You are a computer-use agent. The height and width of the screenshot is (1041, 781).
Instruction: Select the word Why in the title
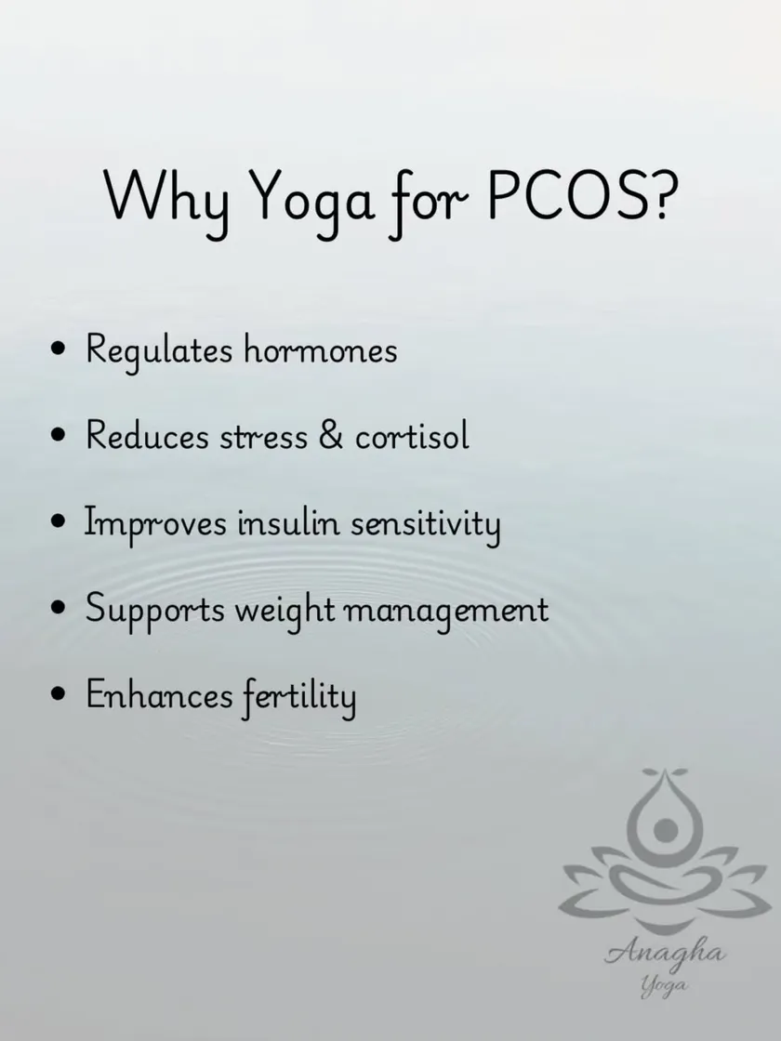pyautogui.click(x=166, y=202)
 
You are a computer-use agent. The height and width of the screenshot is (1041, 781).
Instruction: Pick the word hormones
pyautogui.click(x=320, y=349)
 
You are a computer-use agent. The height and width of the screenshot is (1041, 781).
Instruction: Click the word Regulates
pyautogui.click(x=159, y=352)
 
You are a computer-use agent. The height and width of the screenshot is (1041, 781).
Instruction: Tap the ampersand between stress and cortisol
pyautogui.click(x=331, y=435)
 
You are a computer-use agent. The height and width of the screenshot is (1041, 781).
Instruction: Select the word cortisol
pyautogui.click(x=413, y=436)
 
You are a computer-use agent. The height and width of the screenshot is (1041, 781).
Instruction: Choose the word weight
pyautogui.click(x=285, y=612)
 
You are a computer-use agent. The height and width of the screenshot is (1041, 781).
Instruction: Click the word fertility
pyautogui.click(x=298, y=698)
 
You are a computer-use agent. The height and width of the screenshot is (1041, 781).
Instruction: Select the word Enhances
pyautogui.click(x=159, y=695)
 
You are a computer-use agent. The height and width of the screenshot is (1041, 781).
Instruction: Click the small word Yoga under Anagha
pyautogui.click(x=664, y=986)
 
